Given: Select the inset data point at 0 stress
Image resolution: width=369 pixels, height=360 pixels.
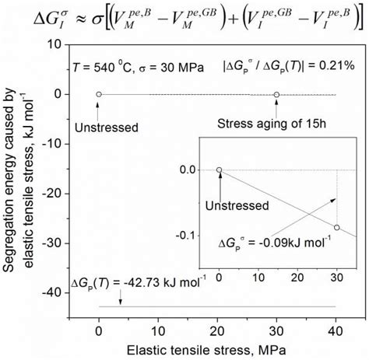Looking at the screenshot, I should click(x=219, y=170).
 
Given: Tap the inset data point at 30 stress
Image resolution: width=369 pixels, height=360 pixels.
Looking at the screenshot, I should click(x=336, y=227).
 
